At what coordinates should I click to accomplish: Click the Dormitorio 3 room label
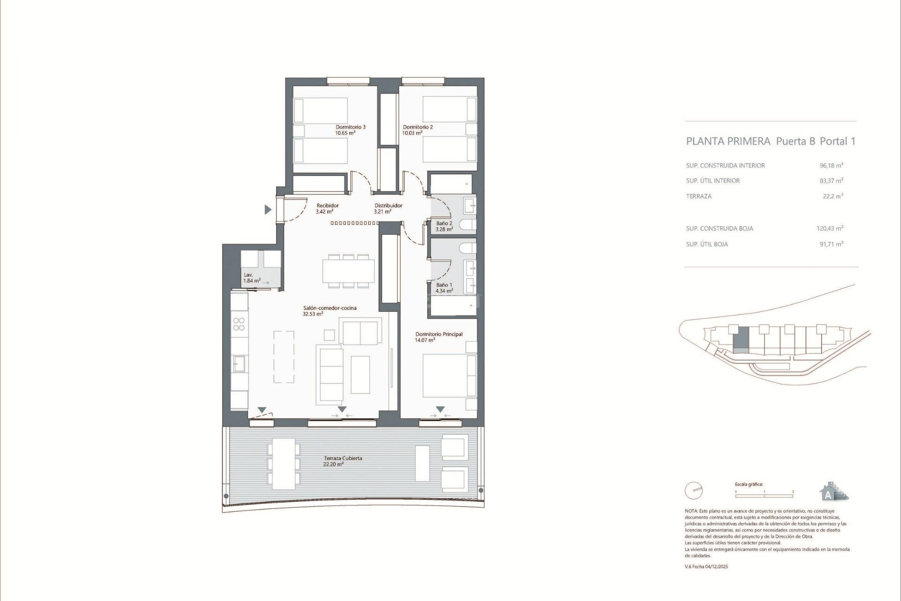[350, 127]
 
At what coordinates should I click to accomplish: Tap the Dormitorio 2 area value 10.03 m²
[412, 133]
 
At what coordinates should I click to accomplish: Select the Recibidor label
[327, 205]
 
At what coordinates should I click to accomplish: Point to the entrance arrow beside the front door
[268, 209]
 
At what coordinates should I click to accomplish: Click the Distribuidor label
[388, 205]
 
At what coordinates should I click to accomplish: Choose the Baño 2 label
[444, 223]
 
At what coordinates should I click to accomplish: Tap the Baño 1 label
[444, 285]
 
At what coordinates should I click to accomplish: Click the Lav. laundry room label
[248, 275]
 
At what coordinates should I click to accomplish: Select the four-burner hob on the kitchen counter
[239, 324]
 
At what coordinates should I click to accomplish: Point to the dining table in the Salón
[348, 271]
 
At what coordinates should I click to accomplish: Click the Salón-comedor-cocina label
[329, 308]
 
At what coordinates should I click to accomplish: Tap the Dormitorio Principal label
[439, 334]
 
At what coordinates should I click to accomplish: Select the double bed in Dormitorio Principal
[449, 376]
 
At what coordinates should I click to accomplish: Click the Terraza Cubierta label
[343, 458]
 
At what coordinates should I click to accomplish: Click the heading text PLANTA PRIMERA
[728, 141]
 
